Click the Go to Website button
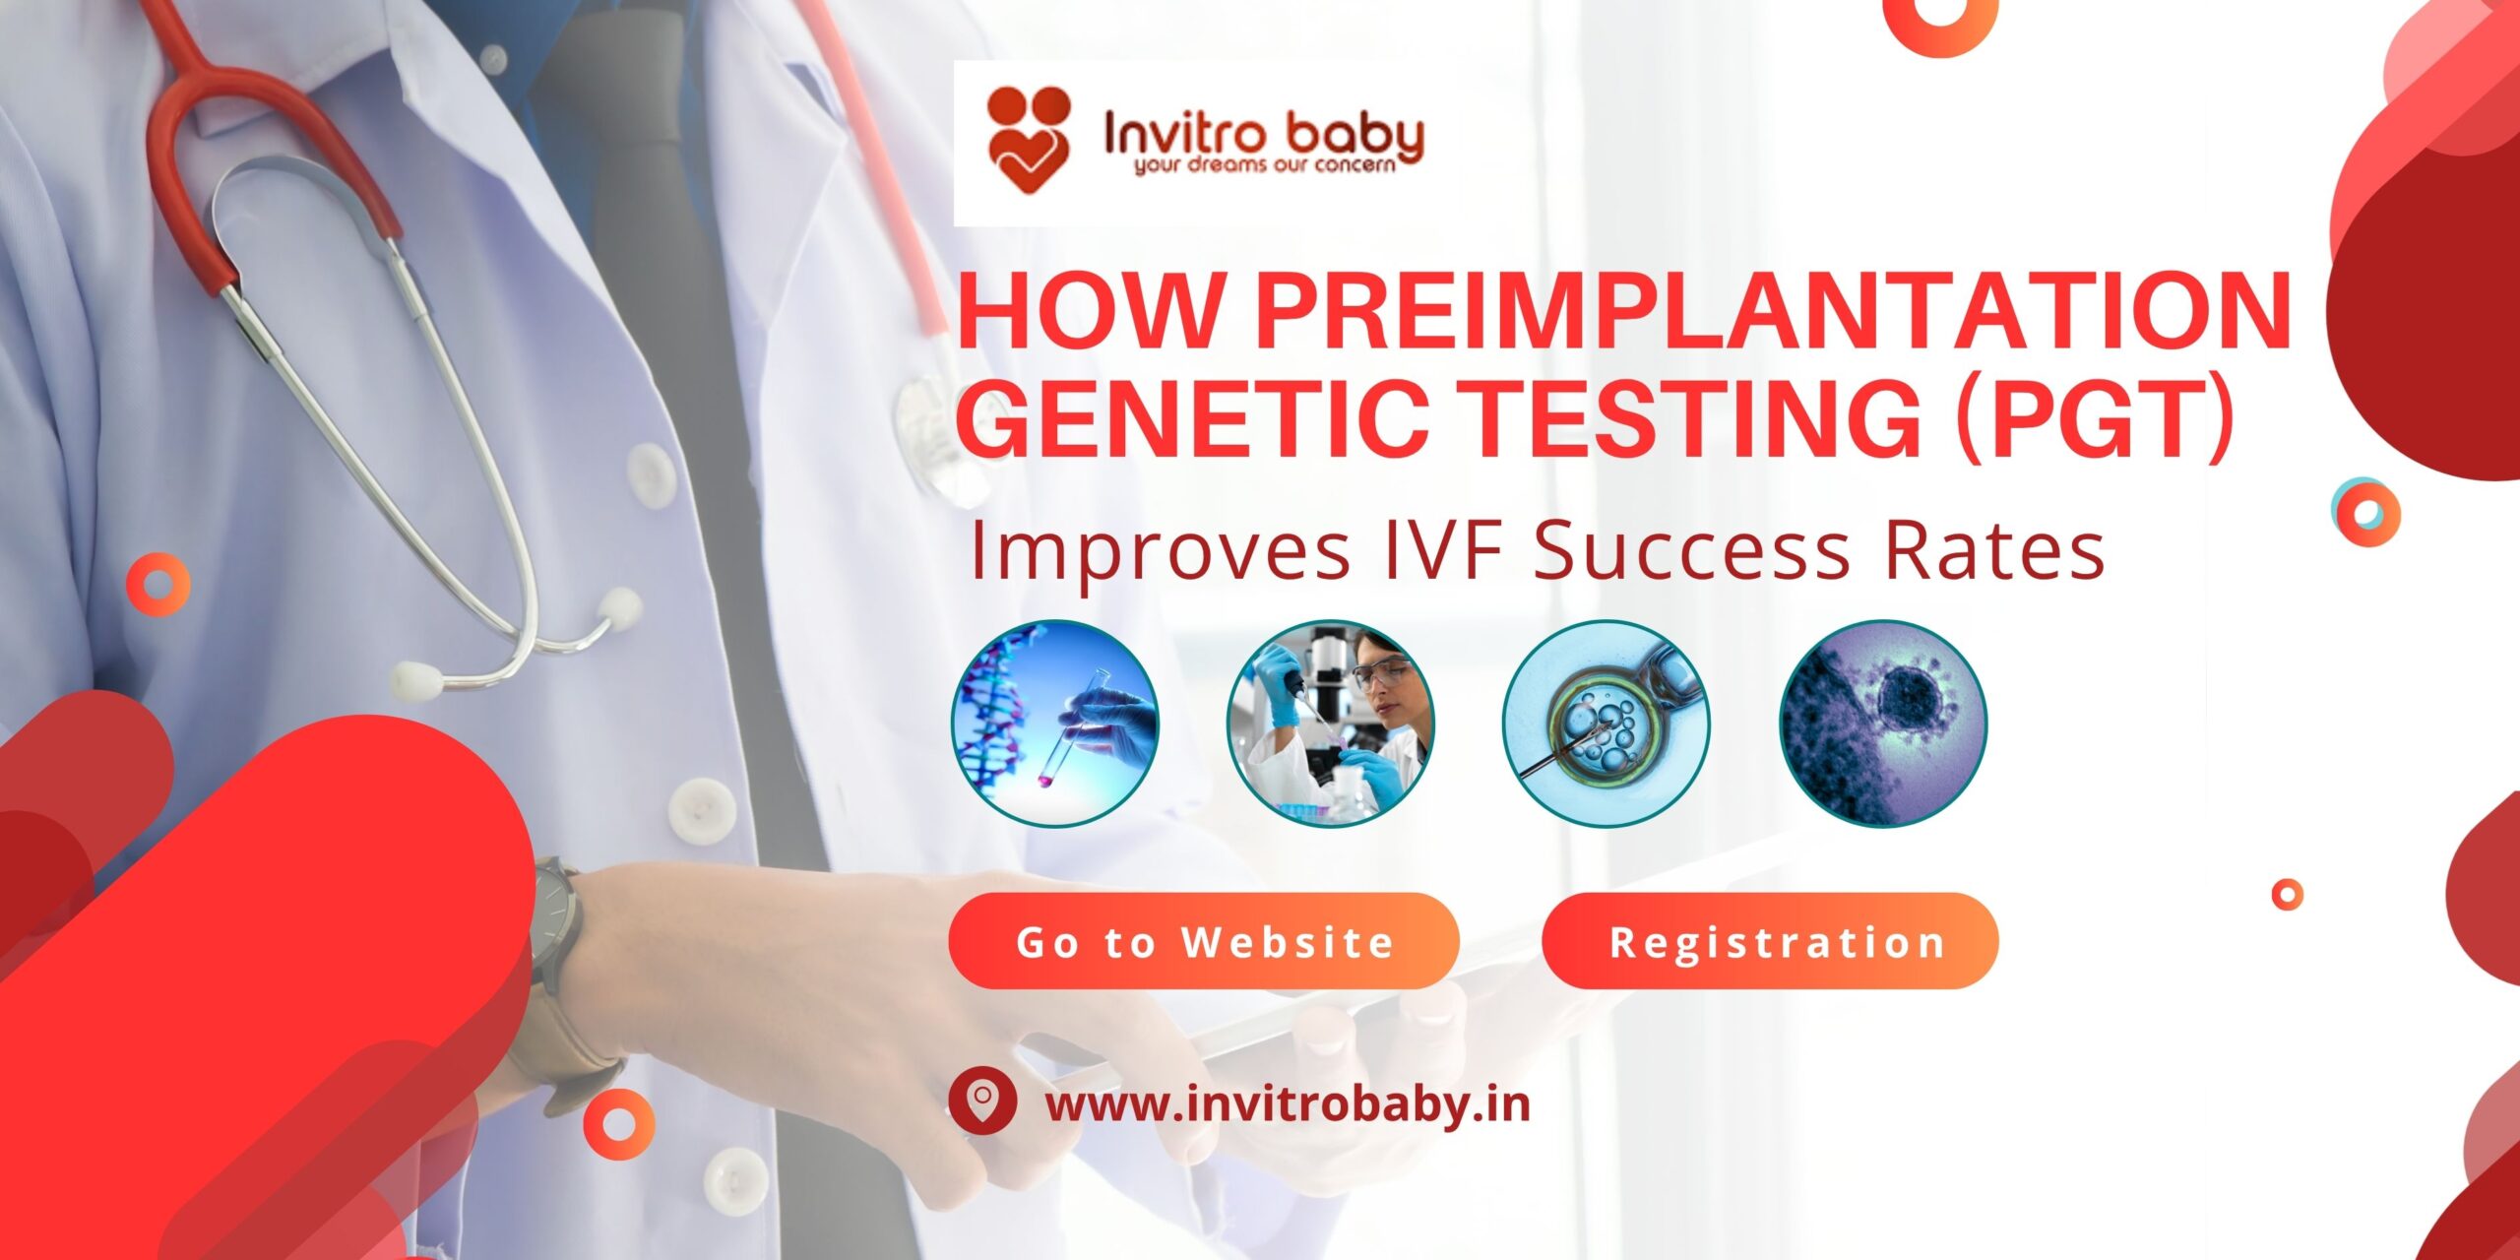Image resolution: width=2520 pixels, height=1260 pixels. click(x=1203, y=941)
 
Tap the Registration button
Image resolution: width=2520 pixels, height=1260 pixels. click(x=1770, y=941)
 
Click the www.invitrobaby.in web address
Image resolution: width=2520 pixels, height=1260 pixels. click(x=1288, y=1103)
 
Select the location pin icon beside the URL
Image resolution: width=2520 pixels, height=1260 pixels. click(x=981, y=1101)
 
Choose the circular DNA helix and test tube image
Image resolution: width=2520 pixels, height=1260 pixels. click(x=1055, y=723)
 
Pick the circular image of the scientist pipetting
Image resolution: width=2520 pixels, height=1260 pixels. click(x=1330, y=723)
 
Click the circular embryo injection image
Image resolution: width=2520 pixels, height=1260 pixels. click(x=1606, y=723)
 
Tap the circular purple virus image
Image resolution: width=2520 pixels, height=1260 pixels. click(x=1882, y=723)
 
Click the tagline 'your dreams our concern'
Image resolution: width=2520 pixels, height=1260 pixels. click(x=1265, y=165)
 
